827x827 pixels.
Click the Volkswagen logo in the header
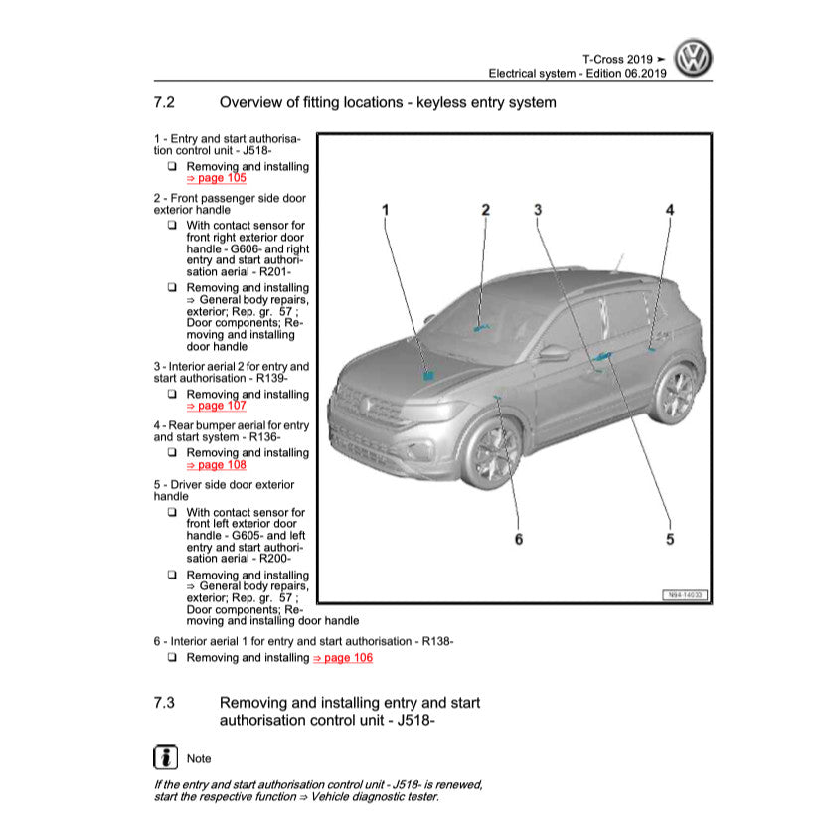coord(693,59)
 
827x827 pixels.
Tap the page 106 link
coord(343,658)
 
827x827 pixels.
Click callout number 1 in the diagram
coord(386,209)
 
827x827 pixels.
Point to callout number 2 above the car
coord(486,209)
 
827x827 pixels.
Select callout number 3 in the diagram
coord(537,209)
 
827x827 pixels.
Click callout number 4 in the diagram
coord(670,209)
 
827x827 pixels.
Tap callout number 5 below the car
coord(670,539)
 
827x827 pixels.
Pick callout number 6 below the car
coord(518,539)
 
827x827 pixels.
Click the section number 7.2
coord(165,102)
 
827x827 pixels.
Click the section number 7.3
coord(165,703)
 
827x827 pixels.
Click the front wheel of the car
coord(494,454)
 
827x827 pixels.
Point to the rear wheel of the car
coord(677,394)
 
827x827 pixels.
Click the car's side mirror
coord(553,353)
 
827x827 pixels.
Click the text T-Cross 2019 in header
coord(617,59)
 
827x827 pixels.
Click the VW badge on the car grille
coord(365,404)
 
